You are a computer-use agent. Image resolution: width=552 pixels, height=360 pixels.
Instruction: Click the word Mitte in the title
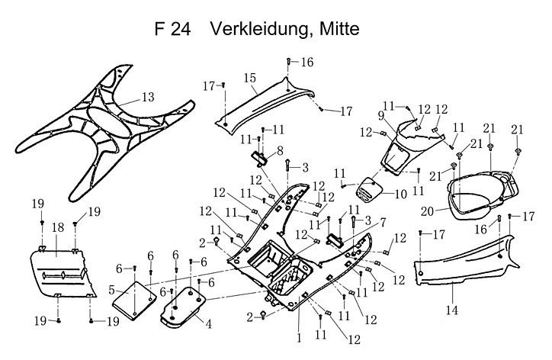pyautogui.click(x=339, y=28)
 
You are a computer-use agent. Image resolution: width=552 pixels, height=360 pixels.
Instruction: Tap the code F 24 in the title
pyautogui.click(x=172, y=29)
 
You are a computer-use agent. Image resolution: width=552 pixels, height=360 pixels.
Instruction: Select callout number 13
pyautogui.click(x=148, y=97)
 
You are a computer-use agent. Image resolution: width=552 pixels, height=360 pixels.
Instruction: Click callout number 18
pyautogui.click(x=58, y=227)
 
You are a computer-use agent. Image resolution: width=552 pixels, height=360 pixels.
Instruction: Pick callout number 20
pyautogui.click(x=428, y=211)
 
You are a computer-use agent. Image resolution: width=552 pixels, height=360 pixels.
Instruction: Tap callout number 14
pyautogui.click(x=452, y=310)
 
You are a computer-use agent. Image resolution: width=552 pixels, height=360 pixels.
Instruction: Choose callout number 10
pyautogui.click(x=400, y=194)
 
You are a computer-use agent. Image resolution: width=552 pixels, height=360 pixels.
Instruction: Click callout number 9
pyautogui.click(x=381, y=116)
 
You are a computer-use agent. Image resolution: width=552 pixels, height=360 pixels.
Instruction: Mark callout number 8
pyautogui.click(x=280, y=151)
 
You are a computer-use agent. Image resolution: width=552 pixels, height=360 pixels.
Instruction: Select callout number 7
pyautogui.click(x=382, y=222)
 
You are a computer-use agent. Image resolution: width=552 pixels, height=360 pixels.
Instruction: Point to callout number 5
pyautogui.click(x=111, y=291)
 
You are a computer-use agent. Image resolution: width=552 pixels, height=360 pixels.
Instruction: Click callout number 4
pyautogui.click(x=209, y=324)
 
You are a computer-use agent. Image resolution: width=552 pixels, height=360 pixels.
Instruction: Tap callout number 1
pyautogui.click(x=299, y=339)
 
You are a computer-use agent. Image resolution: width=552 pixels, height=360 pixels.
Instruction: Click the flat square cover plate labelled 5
pyautogui.click(x=134, y=301)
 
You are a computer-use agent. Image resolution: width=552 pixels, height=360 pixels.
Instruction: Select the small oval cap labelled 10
pyautogui.click(x=369, y=190)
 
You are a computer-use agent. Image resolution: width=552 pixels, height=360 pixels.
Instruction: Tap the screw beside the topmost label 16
pyautogui.click(x=288, y=61)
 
